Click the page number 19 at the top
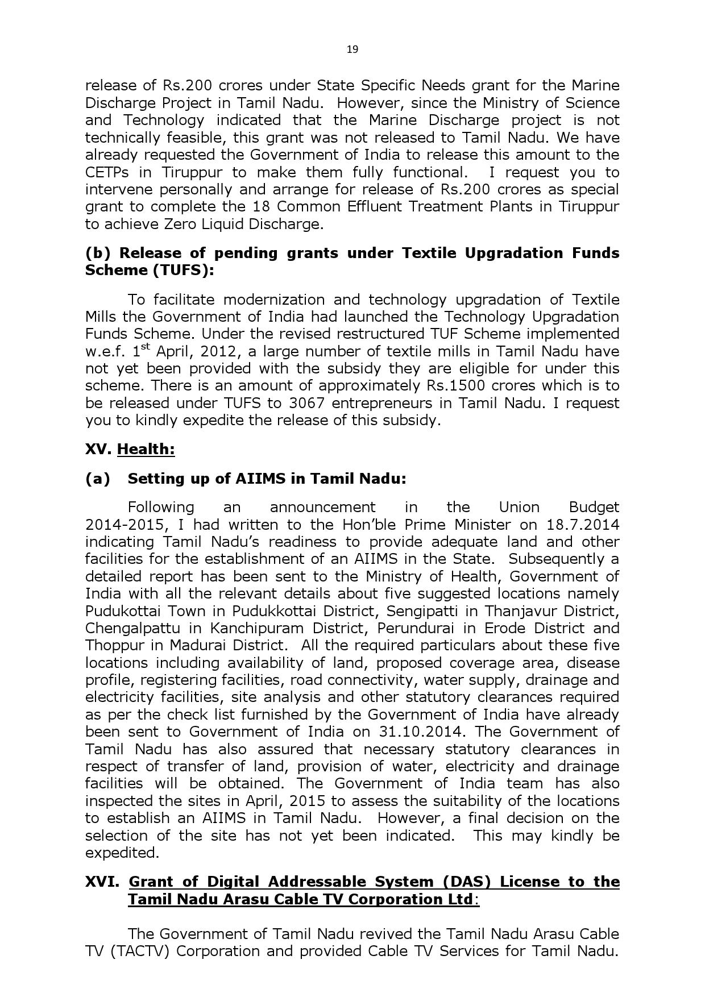click(x=352, y=49)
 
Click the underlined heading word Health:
click(x=146, y=449)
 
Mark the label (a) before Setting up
click(x=97, y=479)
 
